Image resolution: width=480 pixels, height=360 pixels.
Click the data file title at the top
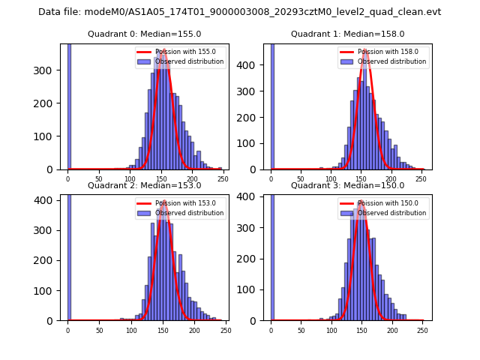(x=239, y=12)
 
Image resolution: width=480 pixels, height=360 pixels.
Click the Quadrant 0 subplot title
(x=144, y=34)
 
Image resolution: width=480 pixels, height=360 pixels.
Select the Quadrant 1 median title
(x=347, y=34)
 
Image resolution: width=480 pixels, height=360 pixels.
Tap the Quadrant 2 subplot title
(x=144, y=186)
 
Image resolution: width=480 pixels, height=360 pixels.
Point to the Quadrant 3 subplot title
(x=347, y=186)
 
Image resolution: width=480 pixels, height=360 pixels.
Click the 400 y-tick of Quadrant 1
(x=251, y=64)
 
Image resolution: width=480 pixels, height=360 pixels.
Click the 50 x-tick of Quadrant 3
(x=301, y=330)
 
